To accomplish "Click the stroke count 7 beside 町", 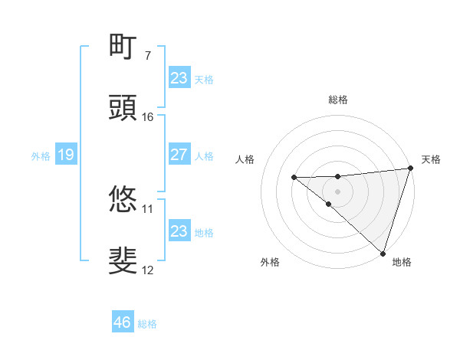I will [x=147, y=55].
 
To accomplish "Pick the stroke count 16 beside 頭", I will [x=148, y=116].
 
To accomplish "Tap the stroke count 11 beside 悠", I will [x=148, y=208].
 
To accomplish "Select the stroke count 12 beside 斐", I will [x=148, y=270].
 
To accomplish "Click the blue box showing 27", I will [x=179, y=155].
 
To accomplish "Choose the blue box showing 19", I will [x=65, y=155].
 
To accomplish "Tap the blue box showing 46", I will [x=122, y=322].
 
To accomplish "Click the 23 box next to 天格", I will [x=179, y=78].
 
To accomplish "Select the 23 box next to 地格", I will [x=179, y=231].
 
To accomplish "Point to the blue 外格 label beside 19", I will [x=41, y=155].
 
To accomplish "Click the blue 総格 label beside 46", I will [x=147, y=324].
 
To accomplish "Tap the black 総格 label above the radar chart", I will [x=338, y=100].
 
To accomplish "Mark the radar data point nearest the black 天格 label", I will [x=410, y=169].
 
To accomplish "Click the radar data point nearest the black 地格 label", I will [x=383, y=253].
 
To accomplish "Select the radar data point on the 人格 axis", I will [x=294, y=178].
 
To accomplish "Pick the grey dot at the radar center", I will [x=338, y=191].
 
